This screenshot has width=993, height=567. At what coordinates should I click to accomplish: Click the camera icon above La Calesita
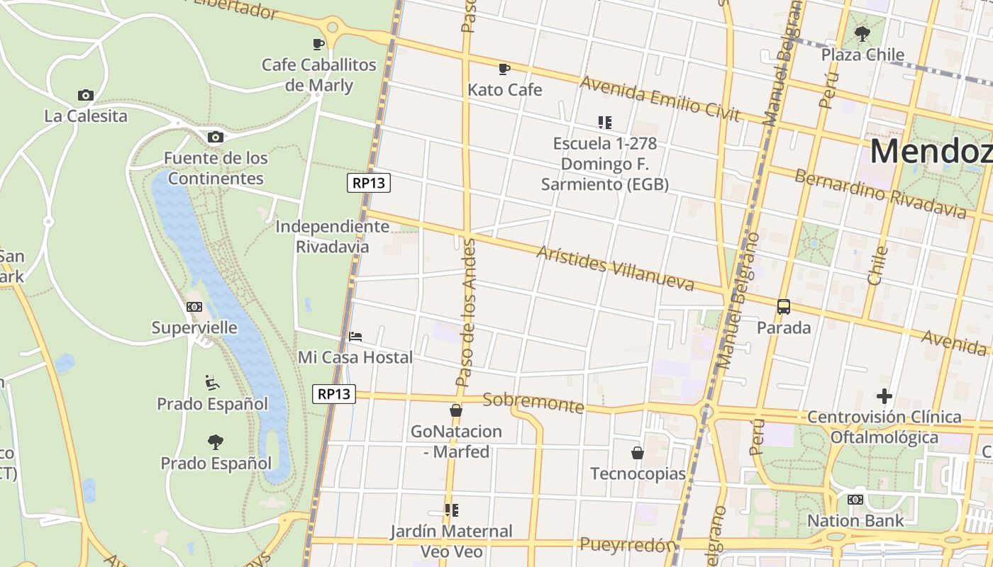(85, 95)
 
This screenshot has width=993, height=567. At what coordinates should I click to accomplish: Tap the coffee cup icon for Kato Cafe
(504, 69)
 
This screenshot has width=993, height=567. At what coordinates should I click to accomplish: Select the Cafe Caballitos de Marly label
(318, 75)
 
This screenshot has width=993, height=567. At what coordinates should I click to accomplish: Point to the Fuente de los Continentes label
(216, 168)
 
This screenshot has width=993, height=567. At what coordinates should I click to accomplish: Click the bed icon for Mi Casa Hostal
(355, 336)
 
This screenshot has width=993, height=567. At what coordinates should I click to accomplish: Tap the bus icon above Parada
(783, 307)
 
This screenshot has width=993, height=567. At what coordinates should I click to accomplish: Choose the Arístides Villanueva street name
(615, 269)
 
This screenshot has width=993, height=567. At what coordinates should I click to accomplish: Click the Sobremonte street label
(533, 402)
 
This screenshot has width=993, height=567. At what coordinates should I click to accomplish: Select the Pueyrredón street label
(627, 544)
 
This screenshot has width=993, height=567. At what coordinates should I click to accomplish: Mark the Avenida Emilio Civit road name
(660, 99)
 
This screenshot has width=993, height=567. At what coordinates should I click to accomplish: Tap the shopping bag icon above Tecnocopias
(638, 452)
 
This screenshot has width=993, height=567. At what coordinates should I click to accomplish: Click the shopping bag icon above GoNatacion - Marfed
(456, 410)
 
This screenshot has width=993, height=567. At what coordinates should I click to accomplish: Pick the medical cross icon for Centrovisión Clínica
(884, 395)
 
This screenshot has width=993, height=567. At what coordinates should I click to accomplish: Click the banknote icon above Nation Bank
(855, 500)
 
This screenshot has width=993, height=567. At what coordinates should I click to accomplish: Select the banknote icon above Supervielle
(194, 307)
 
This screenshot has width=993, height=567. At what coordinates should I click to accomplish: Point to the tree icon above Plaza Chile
(862, 33)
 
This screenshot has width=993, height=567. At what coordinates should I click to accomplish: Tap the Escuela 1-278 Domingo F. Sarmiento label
(604, 164)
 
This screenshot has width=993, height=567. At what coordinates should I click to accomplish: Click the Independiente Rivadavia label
(332, 236)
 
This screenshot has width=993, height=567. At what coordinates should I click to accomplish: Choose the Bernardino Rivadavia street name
(880, 193)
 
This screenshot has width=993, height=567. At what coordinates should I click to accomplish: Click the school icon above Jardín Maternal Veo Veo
(451, 510)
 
